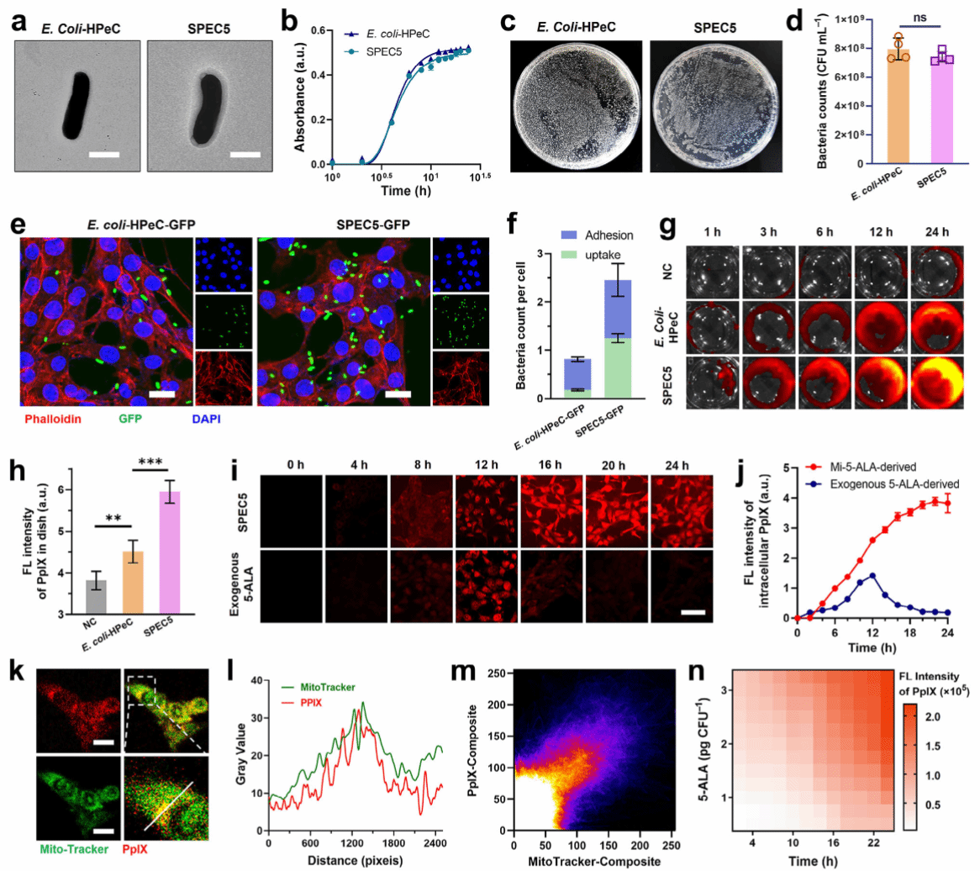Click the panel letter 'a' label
click(18, 24)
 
